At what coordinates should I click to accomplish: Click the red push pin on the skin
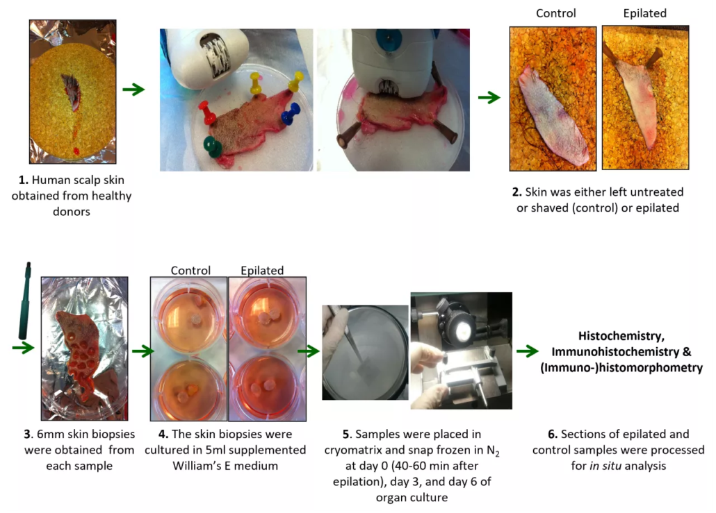[206, 110]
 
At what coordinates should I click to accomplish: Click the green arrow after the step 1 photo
[133, 90]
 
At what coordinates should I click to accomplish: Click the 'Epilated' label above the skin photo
[644, 13]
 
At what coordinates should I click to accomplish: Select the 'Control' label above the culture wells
[190, 270]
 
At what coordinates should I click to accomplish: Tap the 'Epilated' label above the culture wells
[262, 270]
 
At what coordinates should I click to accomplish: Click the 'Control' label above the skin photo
[556, 13]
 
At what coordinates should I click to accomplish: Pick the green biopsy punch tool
[29, 299]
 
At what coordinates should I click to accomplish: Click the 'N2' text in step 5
[492, 451]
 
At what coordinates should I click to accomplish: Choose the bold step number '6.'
[553, 435]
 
